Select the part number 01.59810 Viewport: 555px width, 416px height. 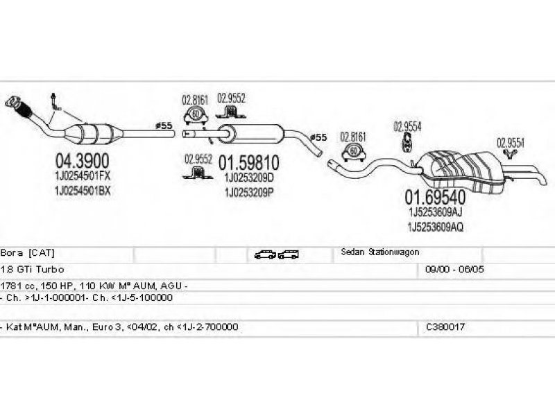tap(249, 164)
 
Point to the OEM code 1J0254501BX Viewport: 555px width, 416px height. tap(83, 191)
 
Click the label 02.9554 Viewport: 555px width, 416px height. tap(407, 126)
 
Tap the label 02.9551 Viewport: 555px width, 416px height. tap(510, 142)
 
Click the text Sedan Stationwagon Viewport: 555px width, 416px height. tap(380, 253)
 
